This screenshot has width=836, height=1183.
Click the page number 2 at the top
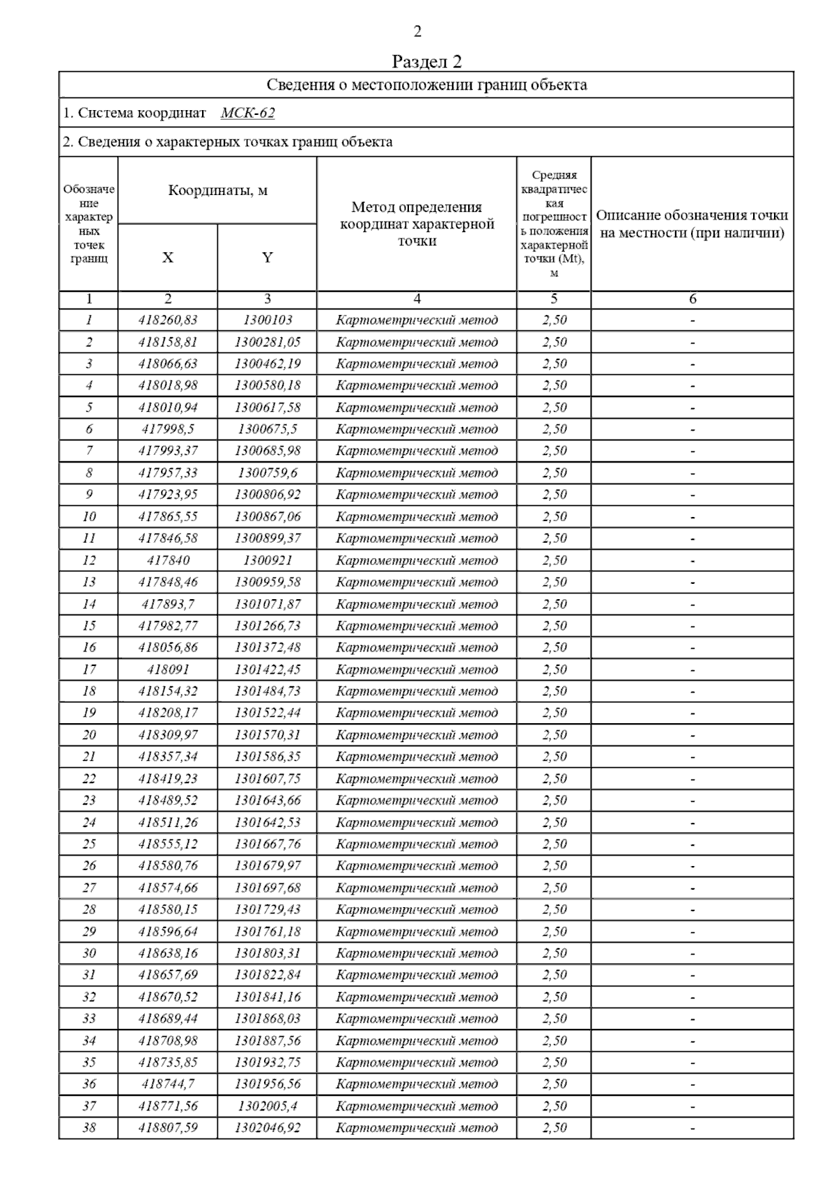click(417, 31)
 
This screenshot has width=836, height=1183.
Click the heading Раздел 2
click(426, 61)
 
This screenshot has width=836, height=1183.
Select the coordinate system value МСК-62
click(247, 113)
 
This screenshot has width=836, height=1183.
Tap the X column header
click(168, 257)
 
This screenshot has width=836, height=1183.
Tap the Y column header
click(267, 257)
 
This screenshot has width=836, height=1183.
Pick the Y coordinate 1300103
click(268, 320)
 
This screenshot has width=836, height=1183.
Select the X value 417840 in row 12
click(168, 560)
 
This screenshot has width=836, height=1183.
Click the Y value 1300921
click(268, 560)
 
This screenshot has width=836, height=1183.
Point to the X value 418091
click(168, 670)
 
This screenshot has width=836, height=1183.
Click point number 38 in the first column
click(88, 1127)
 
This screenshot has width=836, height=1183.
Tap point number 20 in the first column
click(88, 735)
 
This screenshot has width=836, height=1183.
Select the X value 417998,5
click(168, 429)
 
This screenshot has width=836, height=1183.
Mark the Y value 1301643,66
click(268, 801)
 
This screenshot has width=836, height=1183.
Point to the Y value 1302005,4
click(268, 1106)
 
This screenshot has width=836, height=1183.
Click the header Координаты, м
click(217, 190)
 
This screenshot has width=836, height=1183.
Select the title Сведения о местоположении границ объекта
click(426, 85)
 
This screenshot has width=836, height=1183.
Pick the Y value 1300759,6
click(268, 473)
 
